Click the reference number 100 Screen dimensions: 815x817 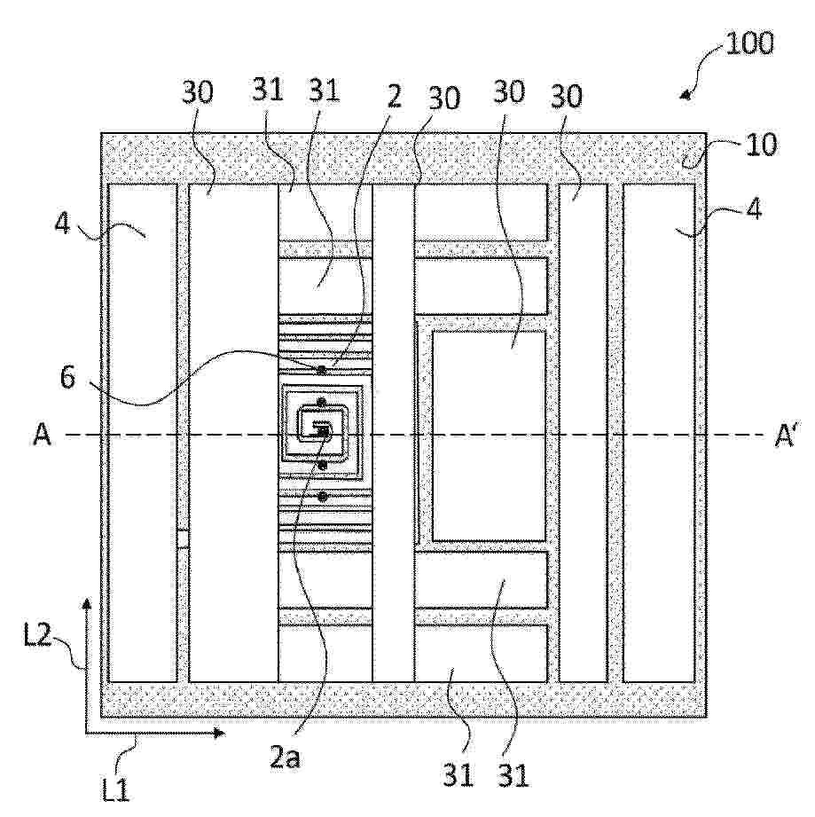749,43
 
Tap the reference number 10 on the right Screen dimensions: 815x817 762,145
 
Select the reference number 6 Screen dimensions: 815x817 67,377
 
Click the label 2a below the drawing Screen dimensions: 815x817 285,757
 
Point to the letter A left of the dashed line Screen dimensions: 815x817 43,434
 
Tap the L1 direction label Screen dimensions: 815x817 115,790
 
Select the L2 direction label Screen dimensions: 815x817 37,634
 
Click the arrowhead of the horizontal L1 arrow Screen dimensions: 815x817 219,733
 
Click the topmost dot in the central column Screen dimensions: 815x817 322,370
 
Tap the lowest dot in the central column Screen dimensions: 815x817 322,497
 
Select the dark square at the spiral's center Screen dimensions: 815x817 324,431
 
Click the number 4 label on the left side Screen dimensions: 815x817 62,224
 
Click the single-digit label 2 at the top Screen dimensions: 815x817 395,97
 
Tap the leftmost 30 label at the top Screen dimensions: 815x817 198,92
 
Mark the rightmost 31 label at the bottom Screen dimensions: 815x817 513,774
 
